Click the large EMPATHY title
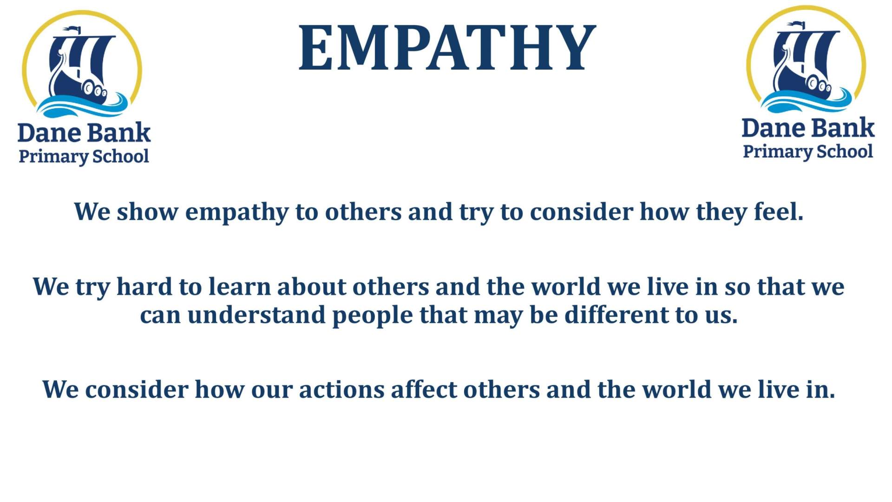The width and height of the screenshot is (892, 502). pyautogui.click(x=447, y=48)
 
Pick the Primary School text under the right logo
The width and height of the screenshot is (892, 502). pyautogui.click(x=808, y=152)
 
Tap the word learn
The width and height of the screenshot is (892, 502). pyautogui.click(x=239, y=286)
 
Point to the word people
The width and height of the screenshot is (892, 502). pyautogui.click(x=373, y=317)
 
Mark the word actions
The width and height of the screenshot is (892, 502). pyautogui.click(x=341, y=390)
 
